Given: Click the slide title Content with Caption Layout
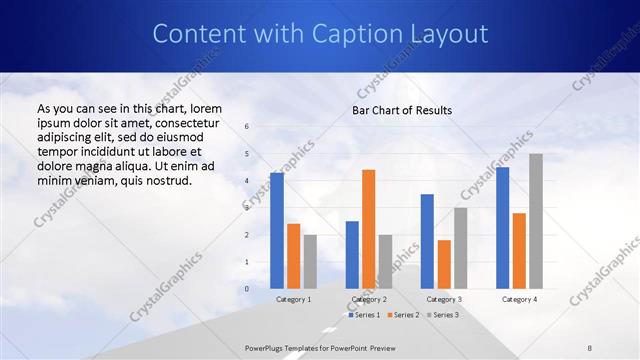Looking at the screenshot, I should click(x=320, y=34).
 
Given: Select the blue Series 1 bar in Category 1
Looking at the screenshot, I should click(x=277, y=231).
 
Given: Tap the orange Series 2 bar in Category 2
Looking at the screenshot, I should click(x=368, y=229).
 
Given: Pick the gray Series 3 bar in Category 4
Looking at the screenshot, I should click(x=536, y=221).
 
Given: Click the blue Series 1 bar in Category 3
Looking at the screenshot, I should click(x=427, y=241).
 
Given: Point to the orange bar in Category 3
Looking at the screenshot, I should click(x=444, y=264).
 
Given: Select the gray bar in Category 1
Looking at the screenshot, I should click(x=310, y=262).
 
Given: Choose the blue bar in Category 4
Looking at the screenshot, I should click(x=502, y=228).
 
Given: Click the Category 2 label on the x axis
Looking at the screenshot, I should click(x=368, y=299).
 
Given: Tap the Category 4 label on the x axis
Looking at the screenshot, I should click(x=519, y=299).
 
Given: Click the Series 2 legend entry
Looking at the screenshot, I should click(x=403, y=315).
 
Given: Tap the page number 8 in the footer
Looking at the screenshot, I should click(x=590, y=347).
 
